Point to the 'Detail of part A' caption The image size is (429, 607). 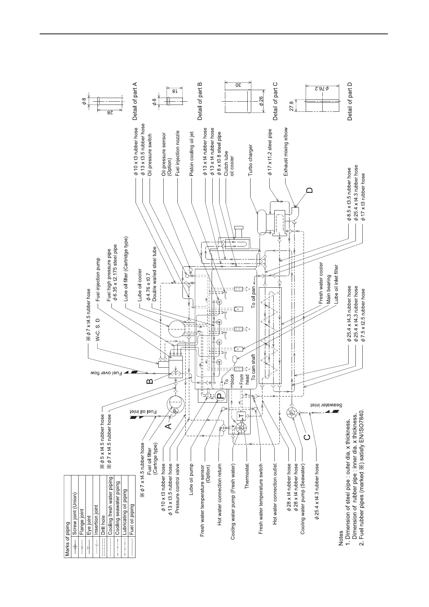(135, 101)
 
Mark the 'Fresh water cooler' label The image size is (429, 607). (321, 283)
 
